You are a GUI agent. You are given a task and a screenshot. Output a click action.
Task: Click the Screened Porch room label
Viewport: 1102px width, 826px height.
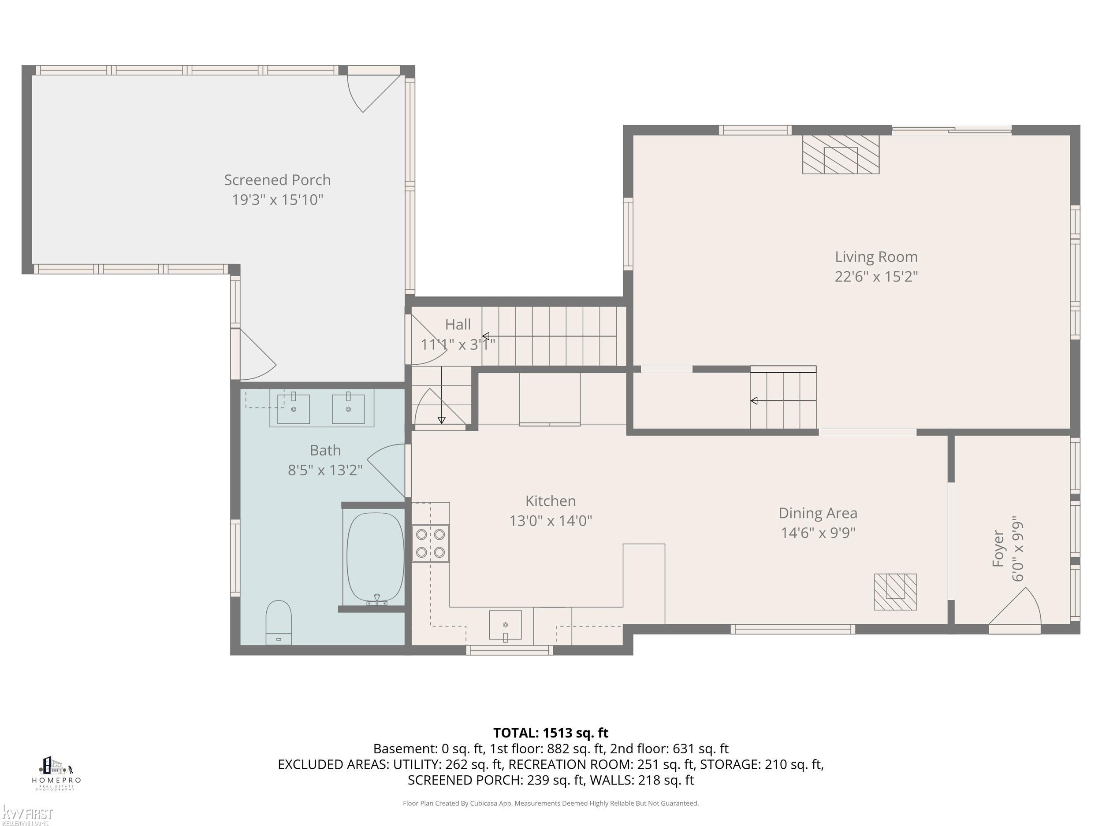pyautogui.click(x=277, y=180)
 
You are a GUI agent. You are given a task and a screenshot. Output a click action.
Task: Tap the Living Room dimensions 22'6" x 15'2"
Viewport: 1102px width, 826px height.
pyautogui.click(x=876, y=276)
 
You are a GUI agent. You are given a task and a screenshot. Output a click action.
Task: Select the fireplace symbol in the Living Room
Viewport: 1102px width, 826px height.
pyautogui.click(x=841, y=154)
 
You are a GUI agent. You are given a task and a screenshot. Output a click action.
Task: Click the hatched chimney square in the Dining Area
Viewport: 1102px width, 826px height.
pyautogui.click(x=895, y=592)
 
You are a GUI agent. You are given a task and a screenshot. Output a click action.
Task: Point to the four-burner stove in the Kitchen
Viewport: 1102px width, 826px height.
pyautogui.click(x=430, y=543)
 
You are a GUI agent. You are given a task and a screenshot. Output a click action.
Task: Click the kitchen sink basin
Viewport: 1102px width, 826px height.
pyautogui.click(x=505, y=624)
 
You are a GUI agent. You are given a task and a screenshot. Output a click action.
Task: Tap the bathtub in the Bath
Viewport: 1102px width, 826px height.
pyautogui.click(x=375, y=557)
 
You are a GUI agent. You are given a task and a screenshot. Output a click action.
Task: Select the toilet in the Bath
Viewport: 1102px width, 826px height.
pyautogui.click(x=279, y=622)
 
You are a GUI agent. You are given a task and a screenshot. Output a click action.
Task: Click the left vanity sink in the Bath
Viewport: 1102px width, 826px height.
pyautogui.click(x=294, y=409)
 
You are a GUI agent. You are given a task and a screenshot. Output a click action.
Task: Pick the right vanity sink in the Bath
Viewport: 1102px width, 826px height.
pyautogui.click(x=348, y=409)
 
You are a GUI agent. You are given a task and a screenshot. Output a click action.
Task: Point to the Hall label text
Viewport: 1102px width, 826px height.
pyautogui.click(x=458, y=325)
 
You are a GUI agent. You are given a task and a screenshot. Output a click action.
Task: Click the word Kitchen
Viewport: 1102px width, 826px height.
pyautogui.click(x=550, y=501)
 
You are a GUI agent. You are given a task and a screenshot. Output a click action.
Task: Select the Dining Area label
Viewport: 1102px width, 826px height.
pyautogui.click(x=818, y=513)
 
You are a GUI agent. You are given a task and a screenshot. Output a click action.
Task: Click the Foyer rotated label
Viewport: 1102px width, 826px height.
pyautogui.click(x=998, y=548)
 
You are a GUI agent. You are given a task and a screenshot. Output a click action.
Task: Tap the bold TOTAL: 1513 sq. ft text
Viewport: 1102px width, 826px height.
pyautogui.click(x=551, y=733)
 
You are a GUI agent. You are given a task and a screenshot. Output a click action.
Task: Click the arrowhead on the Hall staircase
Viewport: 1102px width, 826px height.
pyautogui.click(x=485, y=336)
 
